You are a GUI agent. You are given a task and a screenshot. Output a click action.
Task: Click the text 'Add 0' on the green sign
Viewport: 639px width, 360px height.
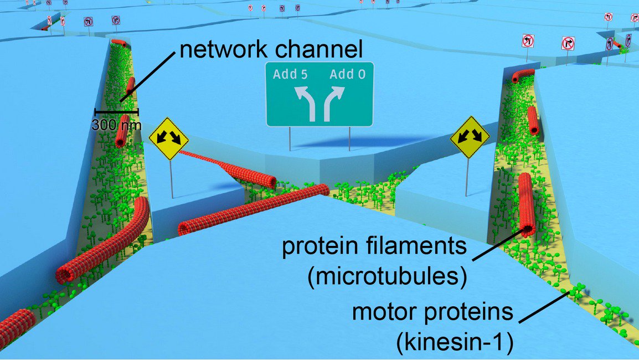(348, 74)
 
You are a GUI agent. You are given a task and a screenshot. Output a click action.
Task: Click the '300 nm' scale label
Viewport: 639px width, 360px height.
(116, 125)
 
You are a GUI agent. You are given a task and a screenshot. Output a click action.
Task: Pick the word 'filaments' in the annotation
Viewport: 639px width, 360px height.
(421, 246)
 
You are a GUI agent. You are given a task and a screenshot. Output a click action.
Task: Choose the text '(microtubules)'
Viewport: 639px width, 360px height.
(385, 276)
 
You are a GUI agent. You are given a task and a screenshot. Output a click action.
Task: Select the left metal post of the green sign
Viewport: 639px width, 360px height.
(290, 138)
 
